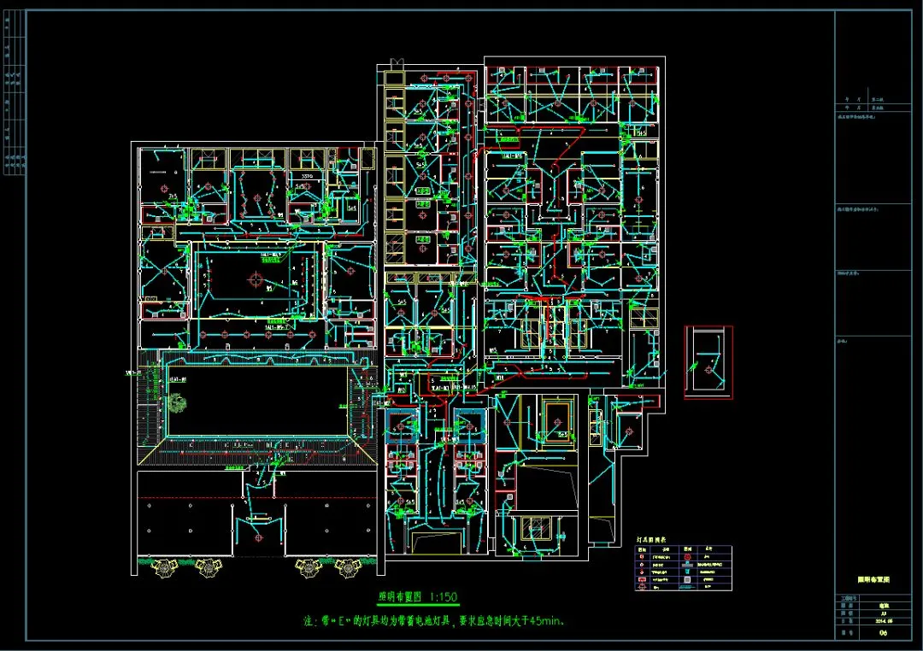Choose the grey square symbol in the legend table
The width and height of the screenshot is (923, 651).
tap(687, 580)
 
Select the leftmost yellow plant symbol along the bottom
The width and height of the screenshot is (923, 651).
tap(160, 565)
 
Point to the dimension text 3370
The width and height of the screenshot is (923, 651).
tap(302, 177)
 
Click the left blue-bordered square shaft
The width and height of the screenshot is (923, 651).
tap(400, 425)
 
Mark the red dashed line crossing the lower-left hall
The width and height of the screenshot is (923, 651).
tap(256, 497)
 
